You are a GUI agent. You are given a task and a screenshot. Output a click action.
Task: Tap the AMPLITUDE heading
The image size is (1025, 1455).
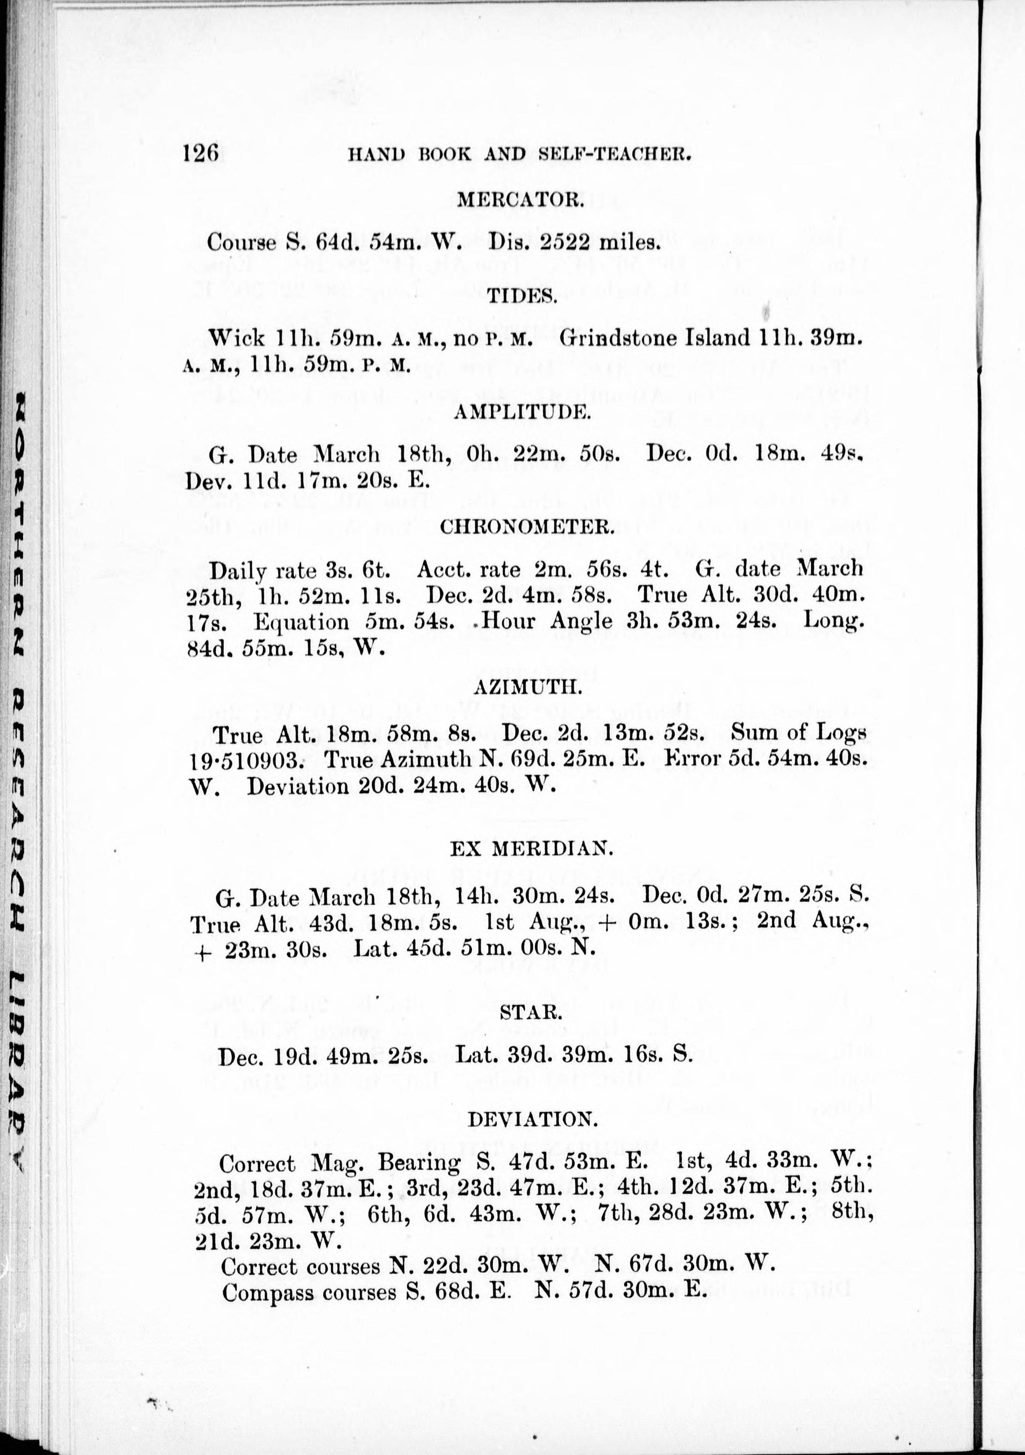coord(523,412)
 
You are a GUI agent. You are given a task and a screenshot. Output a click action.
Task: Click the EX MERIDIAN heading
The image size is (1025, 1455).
coord(531,848)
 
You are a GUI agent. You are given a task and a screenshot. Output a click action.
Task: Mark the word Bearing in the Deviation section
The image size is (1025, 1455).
coord(419,1163)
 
